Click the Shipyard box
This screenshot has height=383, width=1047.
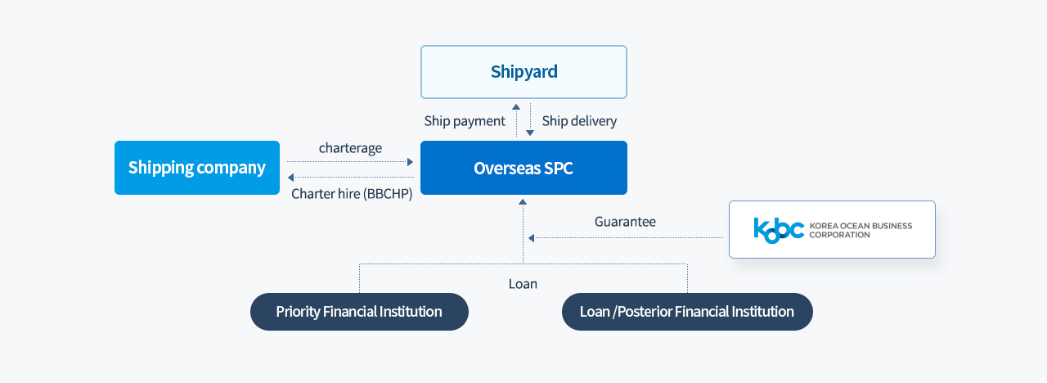click(x=523, y=72)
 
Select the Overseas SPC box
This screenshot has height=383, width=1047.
click(x=523, y=168)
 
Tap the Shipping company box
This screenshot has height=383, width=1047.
click(x=197, y=168)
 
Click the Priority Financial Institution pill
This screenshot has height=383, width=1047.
click(x=359, y=312)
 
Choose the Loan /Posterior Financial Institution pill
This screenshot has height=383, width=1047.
click(x=687, y=312)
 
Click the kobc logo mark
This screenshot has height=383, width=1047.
click(x=779, y=230)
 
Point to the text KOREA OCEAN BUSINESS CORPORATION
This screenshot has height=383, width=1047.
click(x=861, y=230)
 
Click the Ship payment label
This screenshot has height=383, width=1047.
click(x=465, y=121)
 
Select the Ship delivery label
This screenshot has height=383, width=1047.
click(x=579, y=121)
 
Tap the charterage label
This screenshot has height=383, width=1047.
click(x=350, y=148)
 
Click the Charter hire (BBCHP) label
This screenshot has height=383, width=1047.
click(x=352, y=194)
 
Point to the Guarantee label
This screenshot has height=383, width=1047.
click(x=625, y=221)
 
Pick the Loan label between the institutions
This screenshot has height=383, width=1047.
click(x=523, y=284)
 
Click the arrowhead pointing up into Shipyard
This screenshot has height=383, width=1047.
click(x=516, y=107)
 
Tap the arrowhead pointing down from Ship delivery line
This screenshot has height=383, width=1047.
click(x=530, y=133)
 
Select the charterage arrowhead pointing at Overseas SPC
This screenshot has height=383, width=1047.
click(x=411, y=162)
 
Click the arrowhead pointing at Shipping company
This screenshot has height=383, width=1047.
click(x=290, y=178)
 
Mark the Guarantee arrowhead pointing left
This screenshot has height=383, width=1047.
click(x=531, y=238)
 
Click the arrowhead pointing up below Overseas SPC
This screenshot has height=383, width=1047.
click(x=523, y=202)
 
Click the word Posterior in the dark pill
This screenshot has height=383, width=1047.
click(x=645, y=312)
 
